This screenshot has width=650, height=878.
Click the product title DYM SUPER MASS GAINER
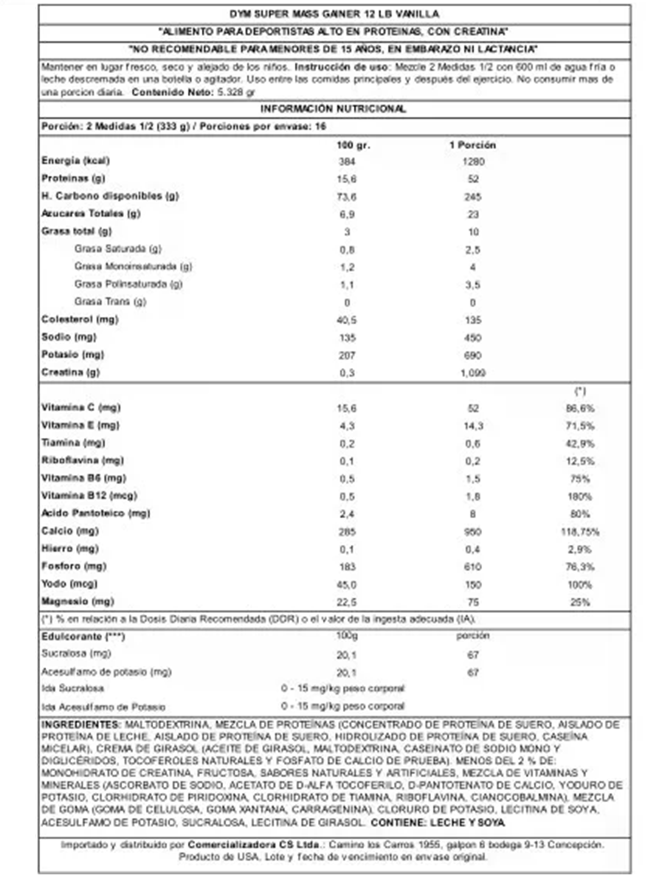(334, 14)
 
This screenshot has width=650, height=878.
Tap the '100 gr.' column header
(353, 145)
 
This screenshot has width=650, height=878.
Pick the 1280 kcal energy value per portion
(473, 162)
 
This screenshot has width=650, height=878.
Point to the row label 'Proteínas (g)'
(73, 178)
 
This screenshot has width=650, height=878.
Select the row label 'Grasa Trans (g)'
(110, 302)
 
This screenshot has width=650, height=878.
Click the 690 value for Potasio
(472, 355)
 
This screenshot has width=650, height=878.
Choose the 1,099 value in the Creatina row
(473, 372)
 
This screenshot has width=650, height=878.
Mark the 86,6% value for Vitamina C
(580, 408)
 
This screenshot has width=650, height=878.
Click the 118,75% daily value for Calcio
(580, 532)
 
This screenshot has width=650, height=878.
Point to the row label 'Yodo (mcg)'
(70, 584)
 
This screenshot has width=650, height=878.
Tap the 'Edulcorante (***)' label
(83, 637)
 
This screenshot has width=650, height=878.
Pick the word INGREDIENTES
(80, 725)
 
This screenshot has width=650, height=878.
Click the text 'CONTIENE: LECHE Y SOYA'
(438, 822)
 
